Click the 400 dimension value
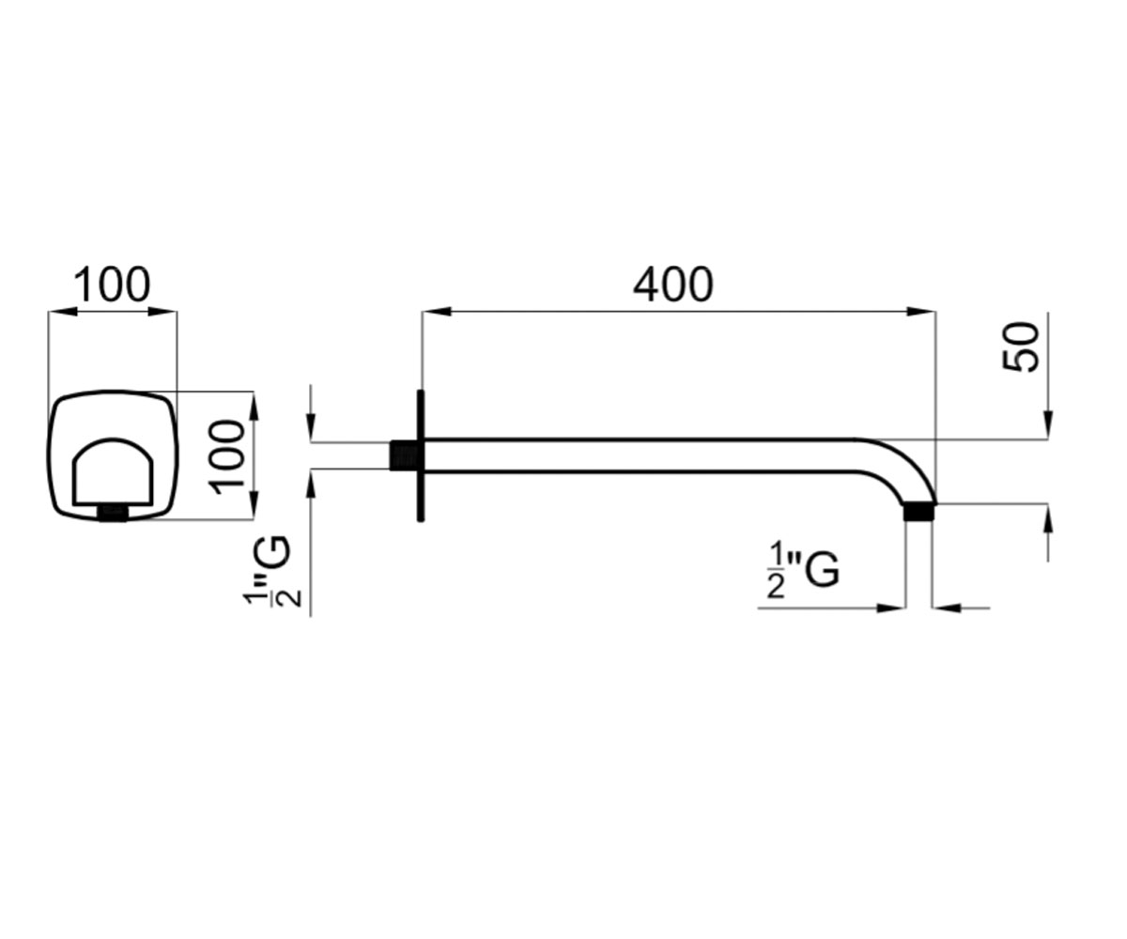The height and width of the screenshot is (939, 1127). tap(672, 285)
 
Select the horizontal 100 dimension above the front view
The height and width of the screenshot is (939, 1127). tap(112, 285)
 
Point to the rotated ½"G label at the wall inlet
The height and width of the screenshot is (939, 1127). tap(271, 572)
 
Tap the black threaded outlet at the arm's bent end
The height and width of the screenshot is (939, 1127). tap(919, 512)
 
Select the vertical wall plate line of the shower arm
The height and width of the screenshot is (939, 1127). tap(421, 456)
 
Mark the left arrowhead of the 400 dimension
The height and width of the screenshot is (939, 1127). tap(436, 312)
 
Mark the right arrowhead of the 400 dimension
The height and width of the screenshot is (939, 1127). tap(921, 312)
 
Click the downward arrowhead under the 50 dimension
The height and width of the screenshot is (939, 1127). tap(1048, 424)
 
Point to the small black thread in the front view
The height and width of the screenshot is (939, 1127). tap(113, 514)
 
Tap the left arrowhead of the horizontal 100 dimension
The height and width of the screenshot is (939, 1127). tap(62, 312)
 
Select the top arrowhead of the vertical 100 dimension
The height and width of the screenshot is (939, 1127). tap(255, 406)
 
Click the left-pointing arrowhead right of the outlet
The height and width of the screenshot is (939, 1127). tap(948, 608)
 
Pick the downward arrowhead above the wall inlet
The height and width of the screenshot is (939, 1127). tap(311, 427)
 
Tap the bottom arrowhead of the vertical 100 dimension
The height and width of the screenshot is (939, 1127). tap(255, 506)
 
